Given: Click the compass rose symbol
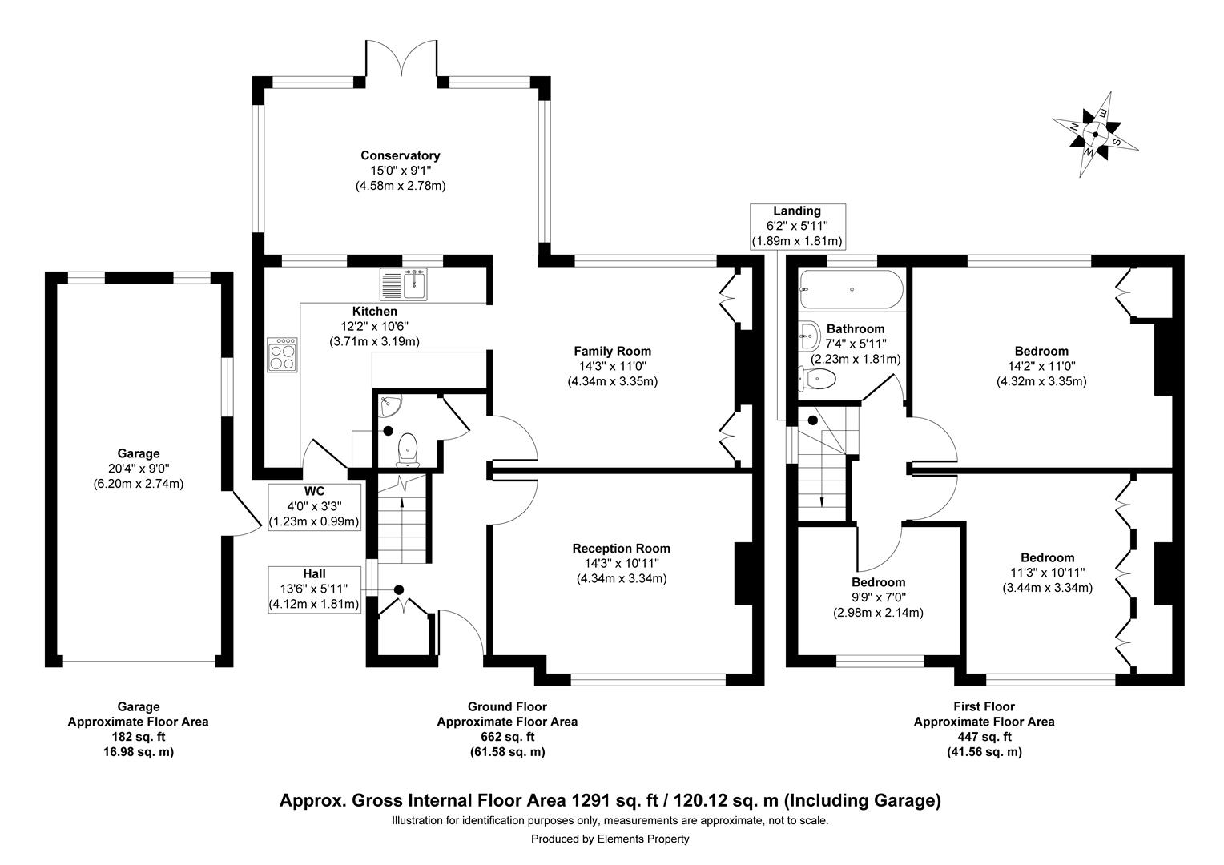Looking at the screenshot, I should click(1094, 134).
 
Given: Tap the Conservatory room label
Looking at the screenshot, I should click(400, 155).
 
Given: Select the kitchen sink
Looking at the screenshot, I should click(405, 284).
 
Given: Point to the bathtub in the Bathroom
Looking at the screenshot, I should click(852, 289).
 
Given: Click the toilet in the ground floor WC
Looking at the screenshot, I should click(409, 449).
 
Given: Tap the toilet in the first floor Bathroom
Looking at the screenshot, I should click(818, 377).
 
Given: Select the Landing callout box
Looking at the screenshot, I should click(796, 226).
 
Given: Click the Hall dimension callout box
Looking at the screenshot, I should click(314, 589).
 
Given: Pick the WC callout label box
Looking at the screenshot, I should click(314, 507).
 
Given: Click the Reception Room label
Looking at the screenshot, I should click(621, 549).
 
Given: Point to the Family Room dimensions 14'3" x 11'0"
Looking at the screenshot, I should click(612, 366).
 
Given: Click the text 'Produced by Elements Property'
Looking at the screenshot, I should click(610, 839).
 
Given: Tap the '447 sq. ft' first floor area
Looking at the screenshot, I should click(983, 737).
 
